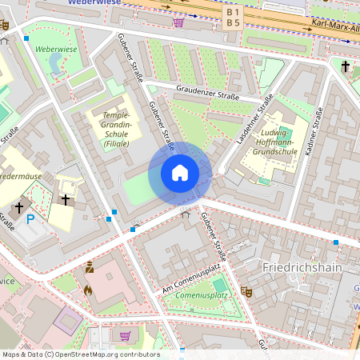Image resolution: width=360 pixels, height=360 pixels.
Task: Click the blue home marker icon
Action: (180, 173)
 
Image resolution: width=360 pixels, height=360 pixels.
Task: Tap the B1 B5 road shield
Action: (233, 18)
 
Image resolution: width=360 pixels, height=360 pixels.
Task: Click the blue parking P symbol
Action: (30, 218)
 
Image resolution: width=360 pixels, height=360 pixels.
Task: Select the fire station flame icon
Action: (88, 290)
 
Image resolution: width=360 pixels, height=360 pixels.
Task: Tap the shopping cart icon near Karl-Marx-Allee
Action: (178, 22)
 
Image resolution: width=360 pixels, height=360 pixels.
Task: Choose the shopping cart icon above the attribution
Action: (125, 334)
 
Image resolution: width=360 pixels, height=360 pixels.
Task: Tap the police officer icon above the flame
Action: (90, 268)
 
